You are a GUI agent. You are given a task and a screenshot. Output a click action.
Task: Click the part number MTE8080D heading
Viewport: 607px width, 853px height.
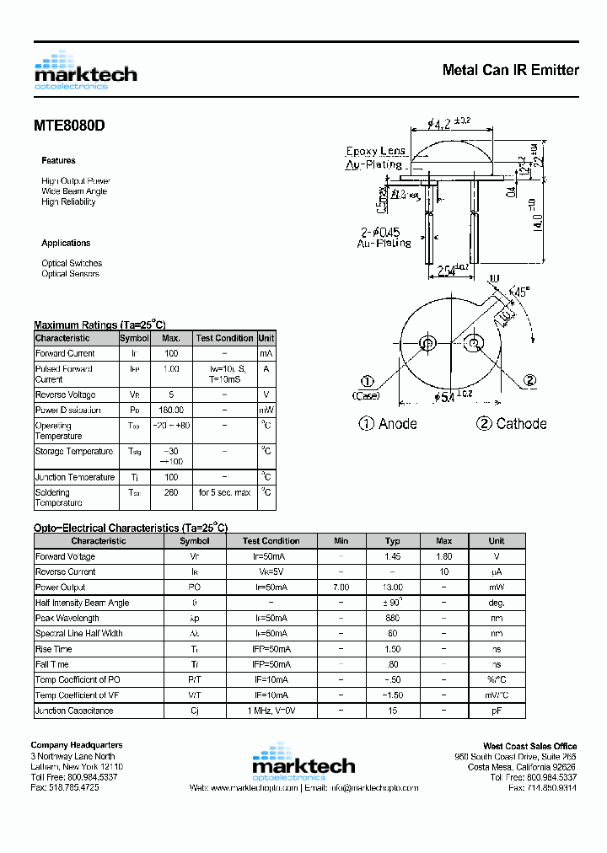[x=69, y=126]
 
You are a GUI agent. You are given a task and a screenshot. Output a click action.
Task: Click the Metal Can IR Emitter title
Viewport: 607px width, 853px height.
[x=510, y=70]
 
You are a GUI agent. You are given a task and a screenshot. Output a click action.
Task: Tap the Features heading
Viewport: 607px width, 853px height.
[x=58, y=160]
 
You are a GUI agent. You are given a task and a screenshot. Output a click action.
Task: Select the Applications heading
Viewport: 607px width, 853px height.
[x=66, y=243]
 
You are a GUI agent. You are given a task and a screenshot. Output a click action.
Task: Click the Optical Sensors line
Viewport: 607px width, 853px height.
[x=70, y=274]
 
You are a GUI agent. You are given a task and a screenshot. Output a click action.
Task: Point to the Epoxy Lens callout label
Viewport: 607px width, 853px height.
[x=375, y=151]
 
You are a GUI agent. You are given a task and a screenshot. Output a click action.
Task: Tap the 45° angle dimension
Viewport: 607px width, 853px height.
[x=521, y=292]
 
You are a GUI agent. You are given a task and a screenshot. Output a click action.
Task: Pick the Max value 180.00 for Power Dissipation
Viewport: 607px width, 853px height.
[x=171, y=410]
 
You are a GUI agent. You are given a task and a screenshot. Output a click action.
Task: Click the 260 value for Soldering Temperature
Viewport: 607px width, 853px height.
[x=171, y=492]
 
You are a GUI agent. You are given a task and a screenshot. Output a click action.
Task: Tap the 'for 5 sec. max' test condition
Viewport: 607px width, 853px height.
[x=224, y=492]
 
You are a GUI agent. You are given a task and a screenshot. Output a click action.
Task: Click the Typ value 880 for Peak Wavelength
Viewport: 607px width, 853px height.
[x=392, y=618]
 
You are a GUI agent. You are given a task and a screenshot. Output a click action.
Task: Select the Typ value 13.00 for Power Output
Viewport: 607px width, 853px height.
[x=392, y=587]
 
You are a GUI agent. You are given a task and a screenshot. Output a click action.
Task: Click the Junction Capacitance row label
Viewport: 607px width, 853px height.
[x=73, y=711]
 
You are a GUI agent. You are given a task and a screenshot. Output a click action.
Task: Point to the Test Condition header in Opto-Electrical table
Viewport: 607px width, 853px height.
[x=271, y=541]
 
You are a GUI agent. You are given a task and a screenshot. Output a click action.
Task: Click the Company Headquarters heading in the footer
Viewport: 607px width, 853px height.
[x=77, y=745]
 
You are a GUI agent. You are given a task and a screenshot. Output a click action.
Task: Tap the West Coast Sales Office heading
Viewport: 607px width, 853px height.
[x=529, y=746]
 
